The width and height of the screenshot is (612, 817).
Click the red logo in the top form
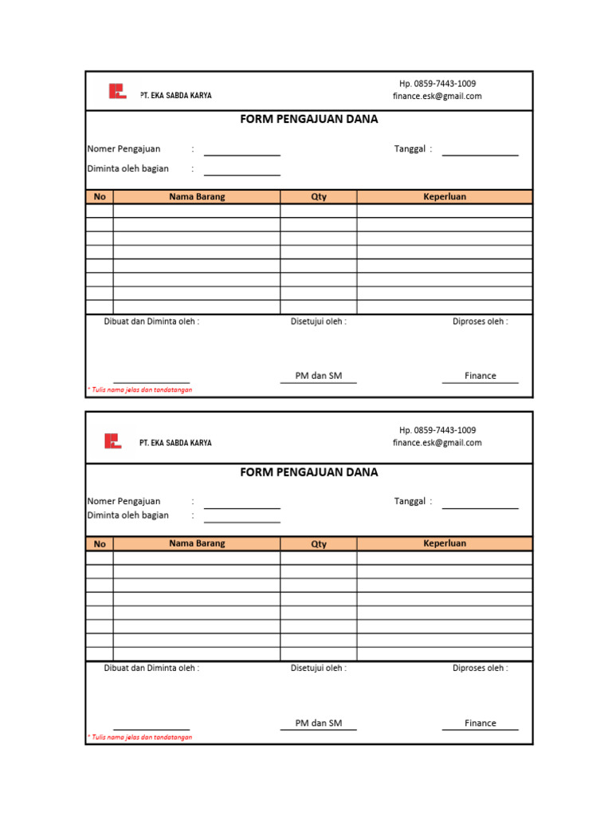[117, 92]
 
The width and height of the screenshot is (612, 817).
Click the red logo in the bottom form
[113, 440]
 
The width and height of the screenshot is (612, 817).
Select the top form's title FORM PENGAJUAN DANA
[309, 120]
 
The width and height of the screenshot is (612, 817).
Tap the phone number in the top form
[437, 84]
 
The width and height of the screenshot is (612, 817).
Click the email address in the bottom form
[437, 443]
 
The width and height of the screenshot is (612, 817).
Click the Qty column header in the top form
[319, 197]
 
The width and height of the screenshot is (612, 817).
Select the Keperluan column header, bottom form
[445, 543]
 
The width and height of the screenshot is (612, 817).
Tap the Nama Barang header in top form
[197, 197]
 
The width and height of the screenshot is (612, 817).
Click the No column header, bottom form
[100, 544]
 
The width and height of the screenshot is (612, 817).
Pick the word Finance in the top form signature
[481, 376]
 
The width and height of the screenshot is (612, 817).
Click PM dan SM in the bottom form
[319, 723]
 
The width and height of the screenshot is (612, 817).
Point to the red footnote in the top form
[139, 390]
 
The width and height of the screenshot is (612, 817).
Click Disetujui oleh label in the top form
[319, 322]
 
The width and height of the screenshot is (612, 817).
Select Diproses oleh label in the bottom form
[481, 669]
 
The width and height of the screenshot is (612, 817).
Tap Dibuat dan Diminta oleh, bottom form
[151, 669]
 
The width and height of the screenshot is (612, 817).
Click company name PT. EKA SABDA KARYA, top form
[176, 96]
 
